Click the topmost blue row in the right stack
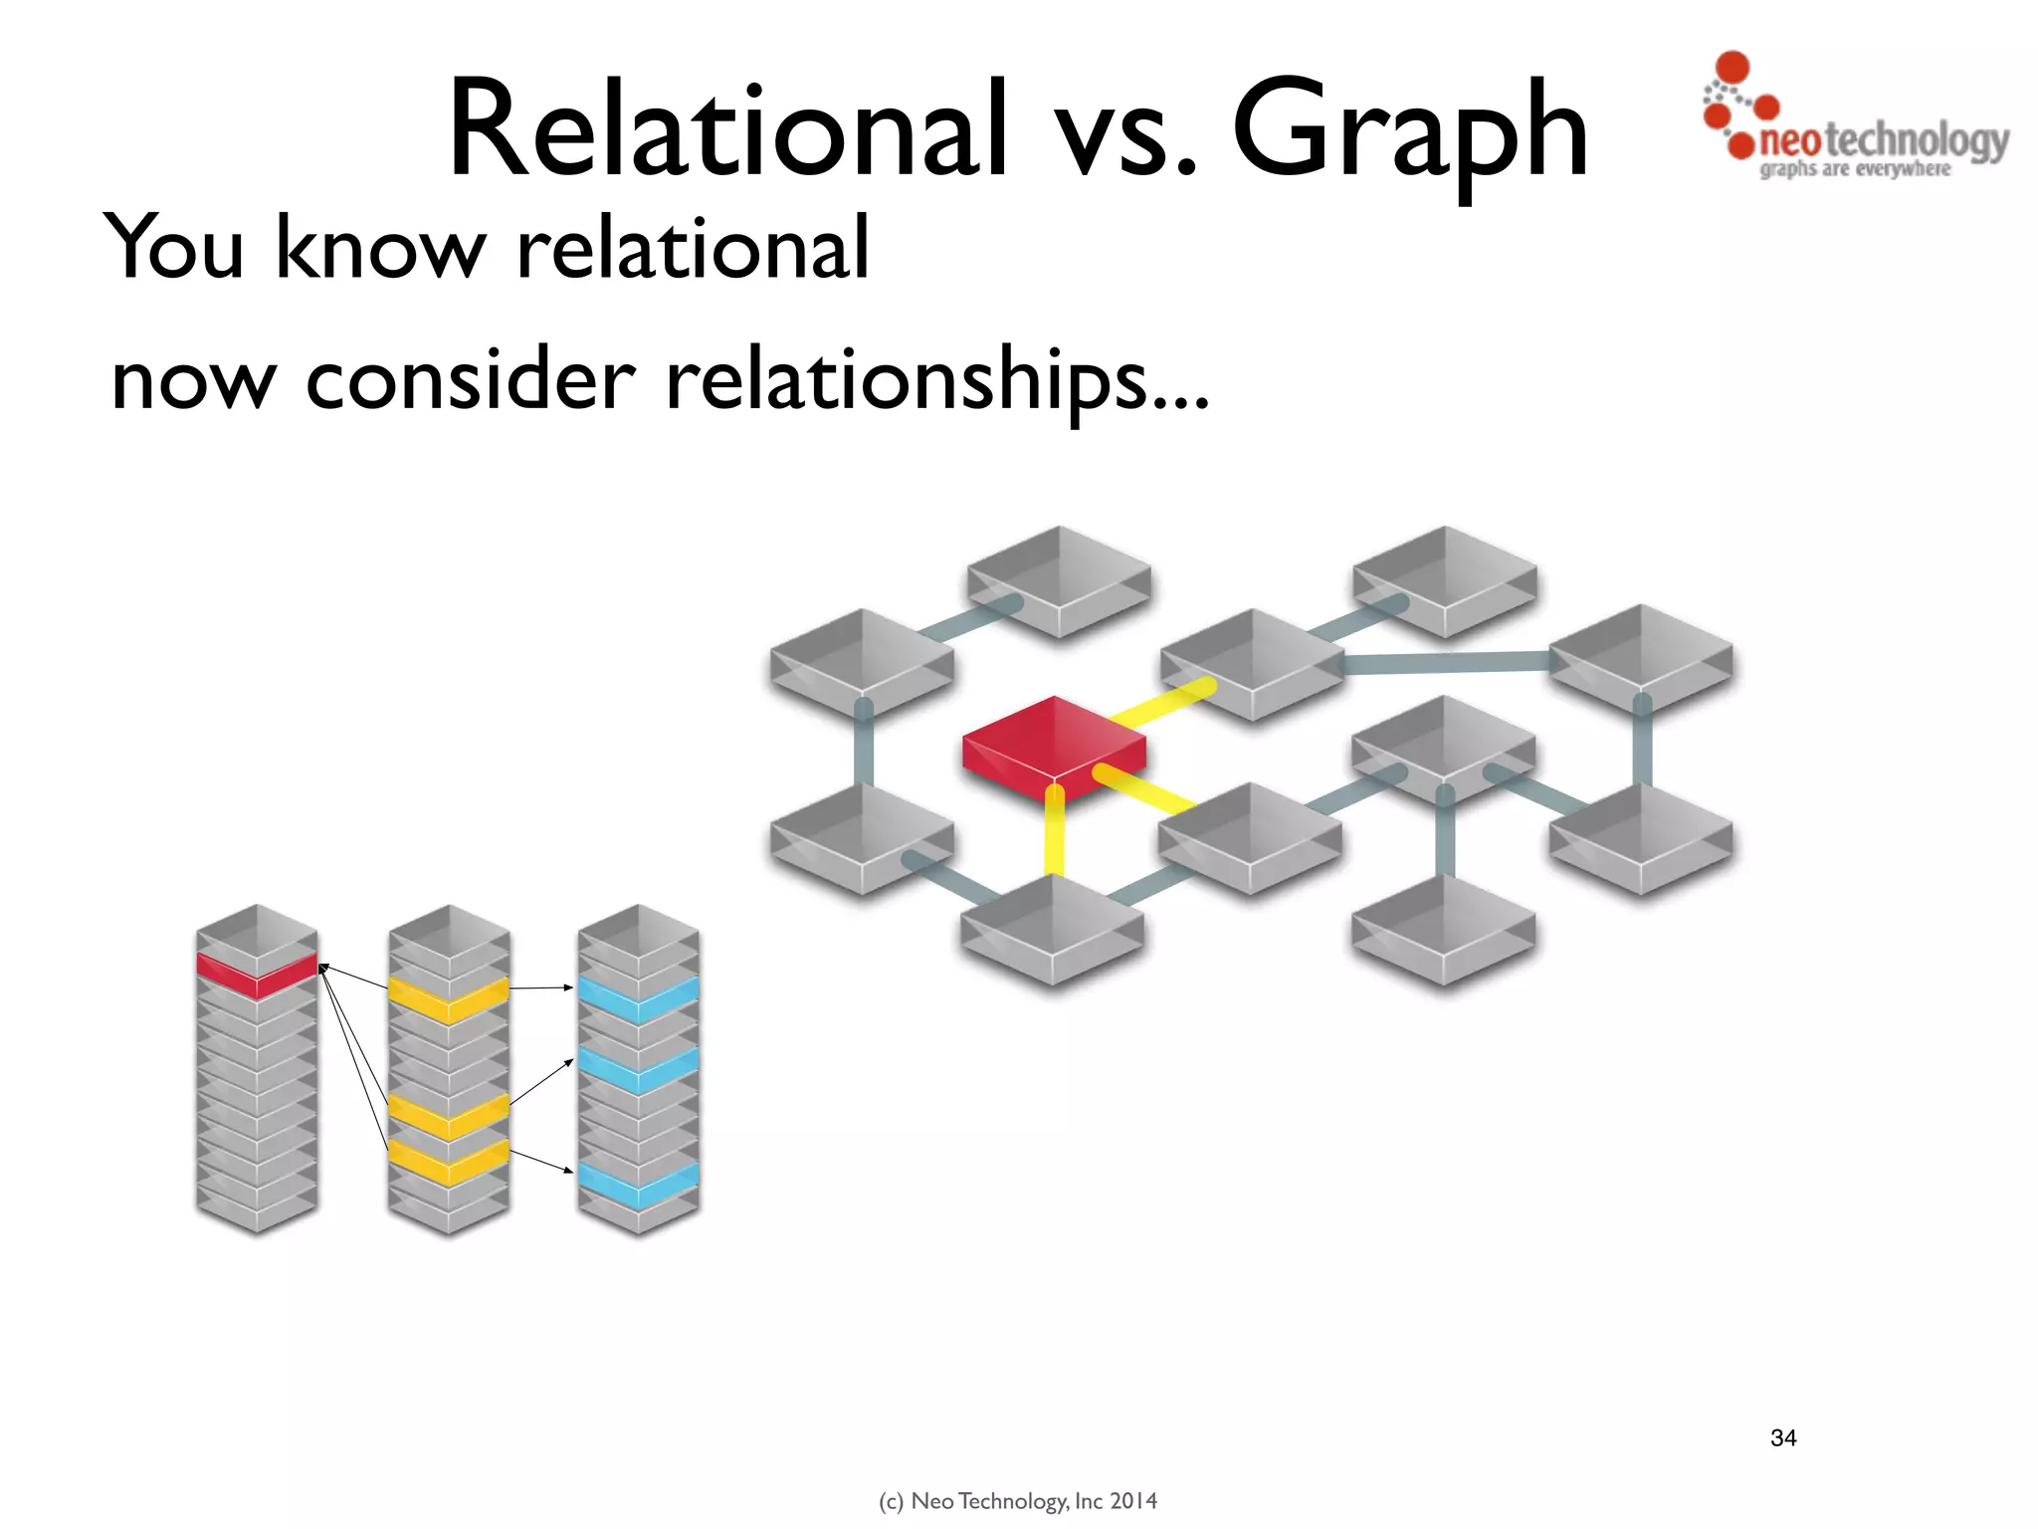pyautogui.click(x=638, y=998)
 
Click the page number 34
pyautogui.click(x=1783, y=1437)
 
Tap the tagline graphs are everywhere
pyautogui.click(x=1855, y=169)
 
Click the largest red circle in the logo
pyautogui.click(x=1733, y=67)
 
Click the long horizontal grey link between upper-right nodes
pyautogui.click(x=1445, y=662)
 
